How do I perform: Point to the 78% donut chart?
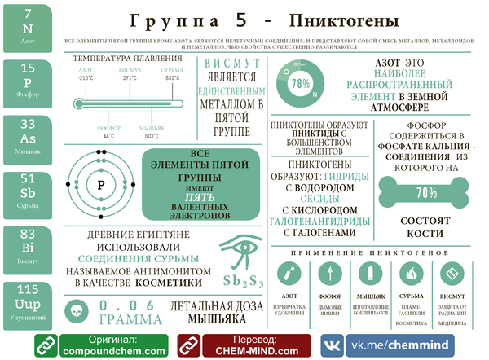pyautogui.click(x=301, y=83)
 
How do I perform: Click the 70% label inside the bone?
pyautogui.click(x=426, y=193)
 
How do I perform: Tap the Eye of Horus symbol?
pyautogui.click(x=243, y=249)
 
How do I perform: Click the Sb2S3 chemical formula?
pyautogui.click(x=243, y=282)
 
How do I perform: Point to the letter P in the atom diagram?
pyautogui.click(x=102, y=184)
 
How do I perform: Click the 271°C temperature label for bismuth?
pyautogui.click(x=129, y=78)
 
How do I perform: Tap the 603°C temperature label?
pyautogui.click(x=151, y=136)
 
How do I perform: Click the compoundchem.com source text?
pyautogui.click(x=103, y=351)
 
